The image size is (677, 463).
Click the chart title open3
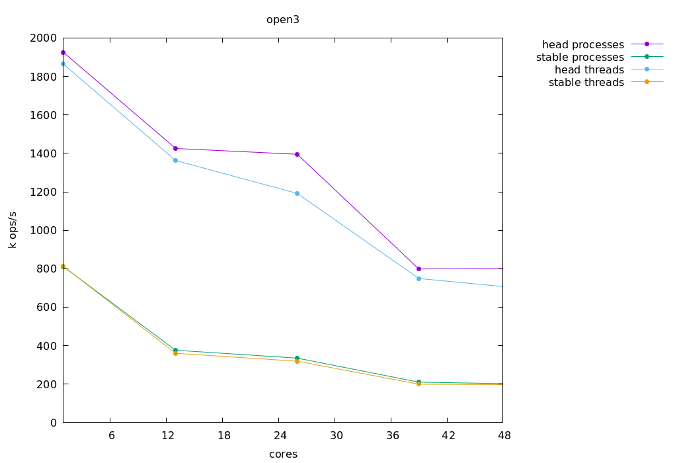(283, 20)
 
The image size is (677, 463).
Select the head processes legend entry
(583, 45)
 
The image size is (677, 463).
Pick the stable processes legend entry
(580, 58)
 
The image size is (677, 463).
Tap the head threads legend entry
(589, 70)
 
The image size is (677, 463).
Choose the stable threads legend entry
(586, 83)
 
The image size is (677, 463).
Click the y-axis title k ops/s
(13, 230)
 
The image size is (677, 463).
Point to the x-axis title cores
(283, 454)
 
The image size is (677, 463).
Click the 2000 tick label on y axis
(43, 38)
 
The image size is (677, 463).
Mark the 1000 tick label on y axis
(43, 231)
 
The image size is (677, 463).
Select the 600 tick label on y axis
(46, 308)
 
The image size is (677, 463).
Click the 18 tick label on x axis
(224, 435)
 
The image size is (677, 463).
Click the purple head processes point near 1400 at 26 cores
(297, 155)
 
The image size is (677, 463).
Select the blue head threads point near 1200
(297, 193)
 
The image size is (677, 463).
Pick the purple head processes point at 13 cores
(175, 148)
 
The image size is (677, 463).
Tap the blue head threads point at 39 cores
(418, 278)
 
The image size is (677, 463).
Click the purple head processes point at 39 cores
(418, 269)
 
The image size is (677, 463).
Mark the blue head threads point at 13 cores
(175, 160)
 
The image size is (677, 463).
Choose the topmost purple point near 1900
(63, 52)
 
